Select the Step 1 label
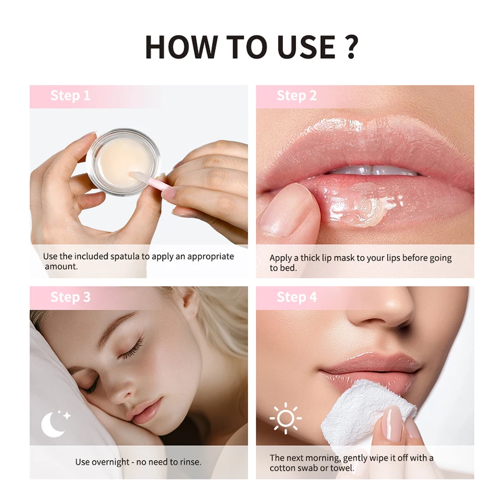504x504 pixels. tap(70, 96)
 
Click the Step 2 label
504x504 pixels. tap(297, 96)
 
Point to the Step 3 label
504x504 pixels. tap(70, 297)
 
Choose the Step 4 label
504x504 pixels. tap(297, 297)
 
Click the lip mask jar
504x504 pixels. tap(123, 162)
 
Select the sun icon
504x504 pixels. tap(286, 418)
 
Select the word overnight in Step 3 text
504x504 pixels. tap(111, 462)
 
